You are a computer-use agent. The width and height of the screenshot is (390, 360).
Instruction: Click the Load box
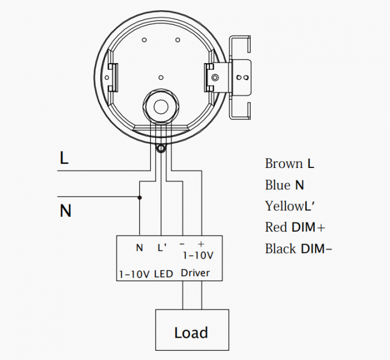point(191,332)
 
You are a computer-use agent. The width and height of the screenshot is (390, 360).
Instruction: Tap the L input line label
point(64,158)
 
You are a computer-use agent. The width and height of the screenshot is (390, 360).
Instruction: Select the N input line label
point(65,211)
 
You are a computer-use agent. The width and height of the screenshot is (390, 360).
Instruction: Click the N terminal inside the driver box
point(139,248)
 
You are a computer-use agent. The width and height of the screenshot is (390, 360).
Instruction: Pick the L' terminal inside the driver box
point(162,248)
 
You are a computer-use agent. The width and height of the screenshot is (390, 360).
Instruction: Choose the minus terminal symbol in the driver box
point(182,244)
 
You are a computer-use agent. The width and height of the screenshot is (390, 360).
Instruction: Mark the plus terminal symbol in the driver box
point(201,244)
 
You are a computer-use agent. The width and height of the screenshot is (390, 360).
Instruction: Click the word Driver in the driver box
point(195,273)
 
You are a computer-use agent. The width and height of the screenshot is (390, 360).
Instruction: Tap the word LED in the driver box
point(163,274)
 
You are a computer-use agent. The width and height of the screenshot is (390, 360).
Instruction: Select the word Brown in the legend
point(283,164)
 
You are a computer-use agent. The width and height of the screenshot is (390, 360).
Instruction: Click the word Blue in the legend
point(278,185)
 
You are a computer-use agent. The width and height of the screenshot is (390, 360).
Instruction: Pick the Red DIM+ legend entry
point(295,228)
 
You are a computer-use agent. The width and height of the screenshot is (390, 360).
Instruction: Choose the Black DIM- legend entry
point(298,249)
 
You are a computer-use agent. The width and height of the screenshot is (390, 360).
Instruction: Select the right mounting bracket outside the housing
point(241,77)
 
